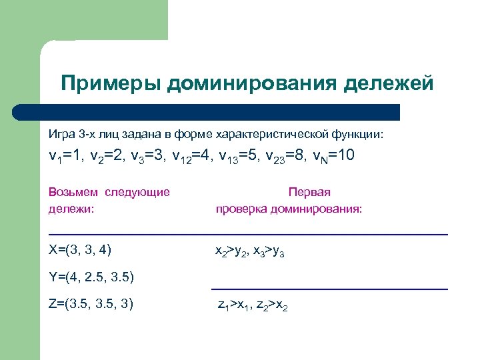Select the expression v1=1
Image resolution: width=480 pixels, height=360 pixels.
[65, 157]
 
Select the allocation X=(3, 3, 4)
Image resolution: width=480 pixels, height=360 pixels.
[80, 250]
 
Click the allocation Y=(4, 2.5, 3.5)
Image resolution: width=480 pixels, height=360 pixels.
[92, 277]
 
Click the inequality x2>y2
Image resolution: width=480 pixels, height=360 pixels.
[231, 251]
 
